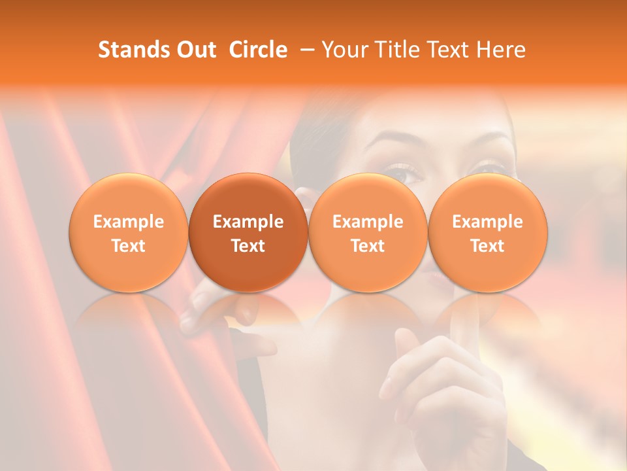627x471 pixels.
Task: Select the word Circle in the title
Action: tap(258, 50)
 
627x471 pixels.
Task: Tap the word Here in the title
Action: tap(502, 50)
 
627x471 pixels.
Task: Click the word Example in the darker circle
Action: tap(248, 222)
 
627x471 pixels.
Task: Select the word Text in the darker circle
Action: tap(248, 246)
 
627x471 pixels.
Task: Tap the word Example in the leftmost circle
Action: tap(129, 222)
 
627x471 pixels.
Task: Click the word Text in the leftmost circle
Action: tap(129, 246)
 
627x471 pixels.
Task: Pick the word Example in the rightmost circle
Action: tap(487, 222)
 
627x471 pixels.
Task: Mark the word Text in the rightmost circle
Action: tap(487, 246)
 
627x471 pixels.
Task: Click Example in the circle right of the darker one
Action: tap(368, 222)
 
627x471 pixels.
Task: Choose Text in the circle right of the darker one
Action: tap(368, 246)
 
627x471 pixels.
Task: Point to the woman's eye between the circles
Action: tap(406, 173)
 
